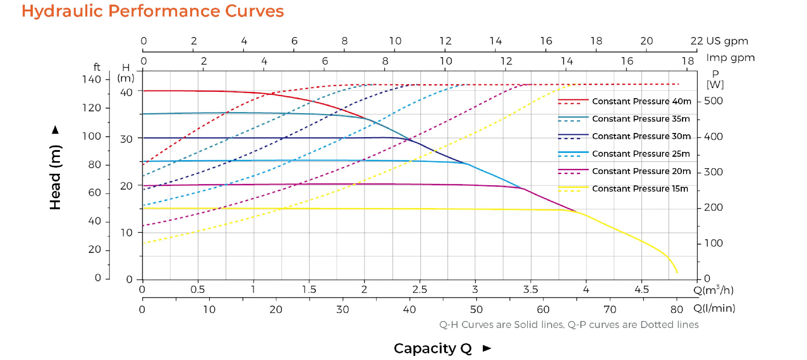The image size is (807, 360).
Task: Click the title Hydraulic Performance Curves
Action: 153,11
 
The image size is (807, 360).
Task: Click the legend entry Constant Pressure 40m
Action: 641,101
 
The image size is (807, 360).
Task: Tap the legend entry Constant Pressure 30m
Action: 641,136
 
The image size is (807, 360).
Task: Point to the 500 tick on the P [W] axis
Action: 713,101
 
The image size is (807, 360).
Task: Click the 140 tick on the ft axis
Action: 91,80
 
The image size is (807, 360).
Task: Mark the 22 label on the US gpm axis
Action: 697,41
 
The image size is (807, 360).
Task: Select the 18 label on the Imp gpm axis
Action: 688,61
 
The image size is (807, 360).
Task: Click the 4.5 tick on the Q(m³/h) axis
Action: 641,289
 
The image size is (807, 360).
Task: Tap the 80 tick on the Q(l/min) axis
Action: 677,310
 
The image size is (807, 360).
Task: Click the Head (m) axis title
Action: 56,177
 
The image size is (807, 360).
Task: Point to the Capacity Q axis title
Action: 433,348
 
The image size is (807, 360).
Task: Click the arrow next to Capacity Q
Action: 487,348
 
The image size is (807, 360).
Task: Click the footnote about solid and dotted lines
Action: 569,325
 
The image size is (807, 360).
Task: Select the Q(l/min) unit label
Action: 714,308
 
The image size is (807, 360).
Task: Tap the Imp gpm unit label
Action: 730,58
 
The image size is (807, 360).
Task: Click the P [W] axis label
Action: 715,79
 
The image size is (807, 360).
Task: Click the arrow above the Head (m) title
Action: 56,130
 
